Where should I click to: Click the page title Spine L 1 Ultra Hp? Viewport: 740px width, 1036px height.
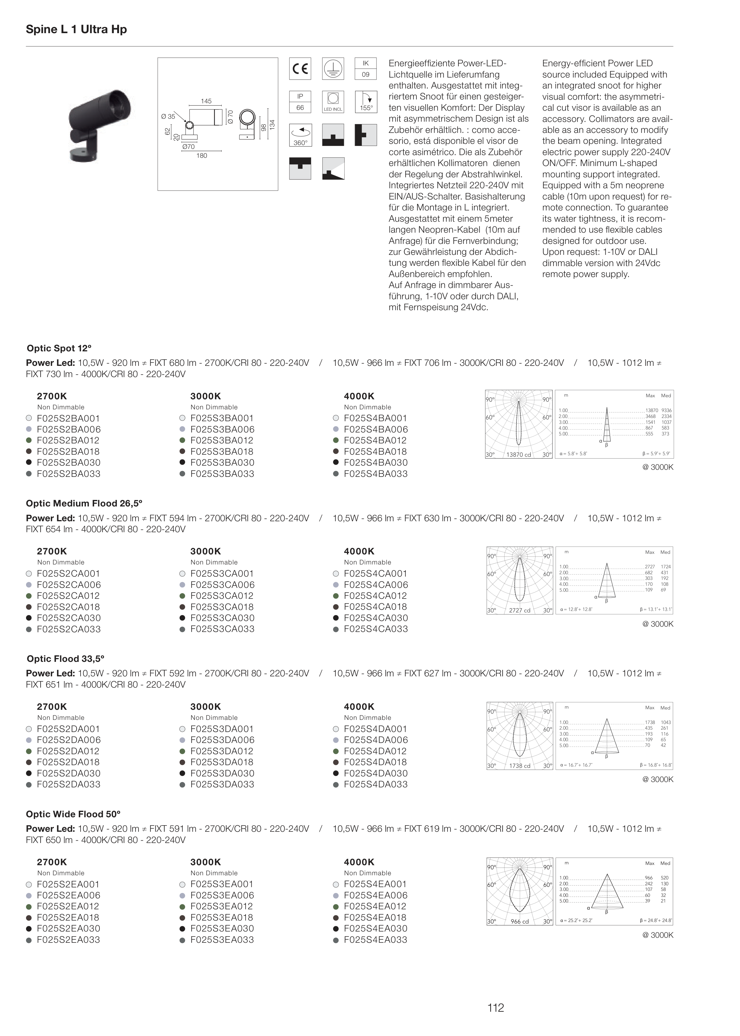76,30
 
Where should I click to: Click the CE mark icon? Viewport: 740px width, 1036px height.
300,69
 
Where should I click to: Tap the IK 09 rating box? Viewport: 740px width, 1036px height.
366,69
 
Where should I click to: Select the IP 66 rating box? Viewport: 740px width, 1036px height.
300,102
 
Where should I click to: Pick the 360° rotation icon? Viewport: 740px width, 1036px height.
300,135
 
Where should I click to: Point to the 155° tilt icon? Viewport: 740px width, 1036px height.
366,102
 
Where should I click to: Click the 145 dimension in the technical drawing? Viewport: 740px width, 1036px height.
206,101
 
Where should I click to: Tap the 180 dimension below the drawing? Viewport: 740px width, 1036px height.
201,156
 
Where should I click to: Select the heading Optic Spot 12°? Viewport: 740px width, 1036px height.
59,348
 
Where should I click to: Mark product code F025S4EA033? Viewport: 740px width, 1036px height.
375,940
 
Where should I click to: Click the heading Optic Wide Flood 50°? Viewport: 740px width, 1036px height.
73,814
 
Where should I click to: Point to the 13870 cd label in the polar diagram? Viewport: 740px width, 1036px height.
519,455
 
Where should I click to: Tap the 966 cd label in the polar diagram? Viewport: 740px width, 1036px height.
519,921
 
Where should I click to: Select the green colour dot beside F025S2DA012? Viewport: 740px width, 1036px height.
29,751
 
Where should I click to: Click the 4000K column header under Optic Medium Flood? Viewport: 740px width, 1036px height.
359,551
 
